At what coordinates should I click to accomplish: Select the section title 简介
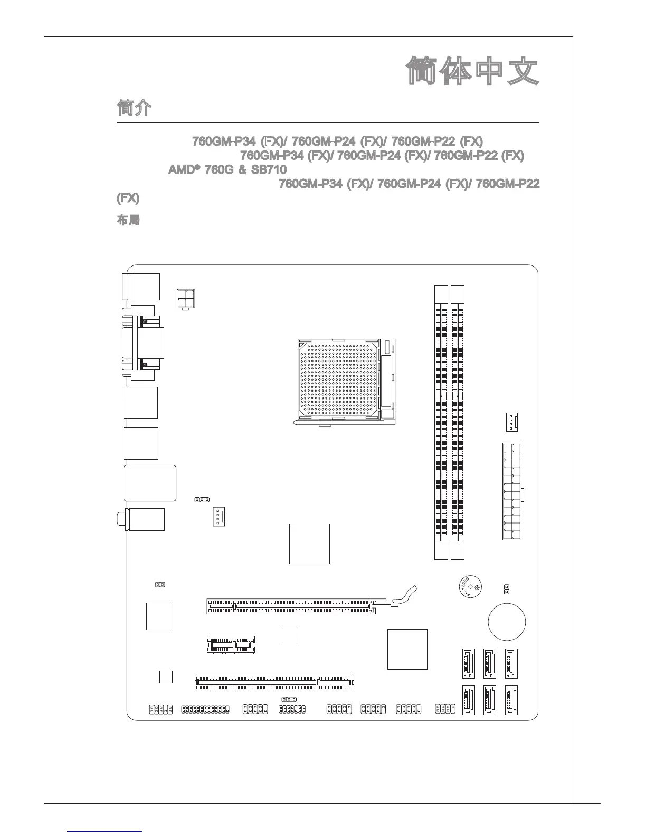tap(134, 109)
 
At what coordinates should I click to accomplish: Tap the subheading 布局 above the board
tap(128, 220)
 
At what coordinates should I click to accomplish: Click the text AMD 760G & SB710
tap(227, 170)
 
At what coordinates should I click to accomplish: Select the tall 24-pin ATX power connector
tap(512, 491)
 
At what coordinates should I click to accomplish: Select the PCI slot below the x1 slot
tap(274, 682)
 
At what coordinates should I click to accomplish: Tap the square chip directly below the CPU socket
tap(309, 544)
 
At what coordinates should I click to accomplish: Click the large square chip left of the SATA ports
tap(407, 649)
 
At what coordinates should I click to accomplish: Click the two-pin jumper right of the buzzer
tap(506, 588)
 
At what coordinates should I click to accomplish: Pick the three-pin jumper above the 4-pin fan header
tap(202, 499)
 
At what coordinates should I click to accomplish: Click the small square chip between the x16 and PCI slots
tap(289, 635)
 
